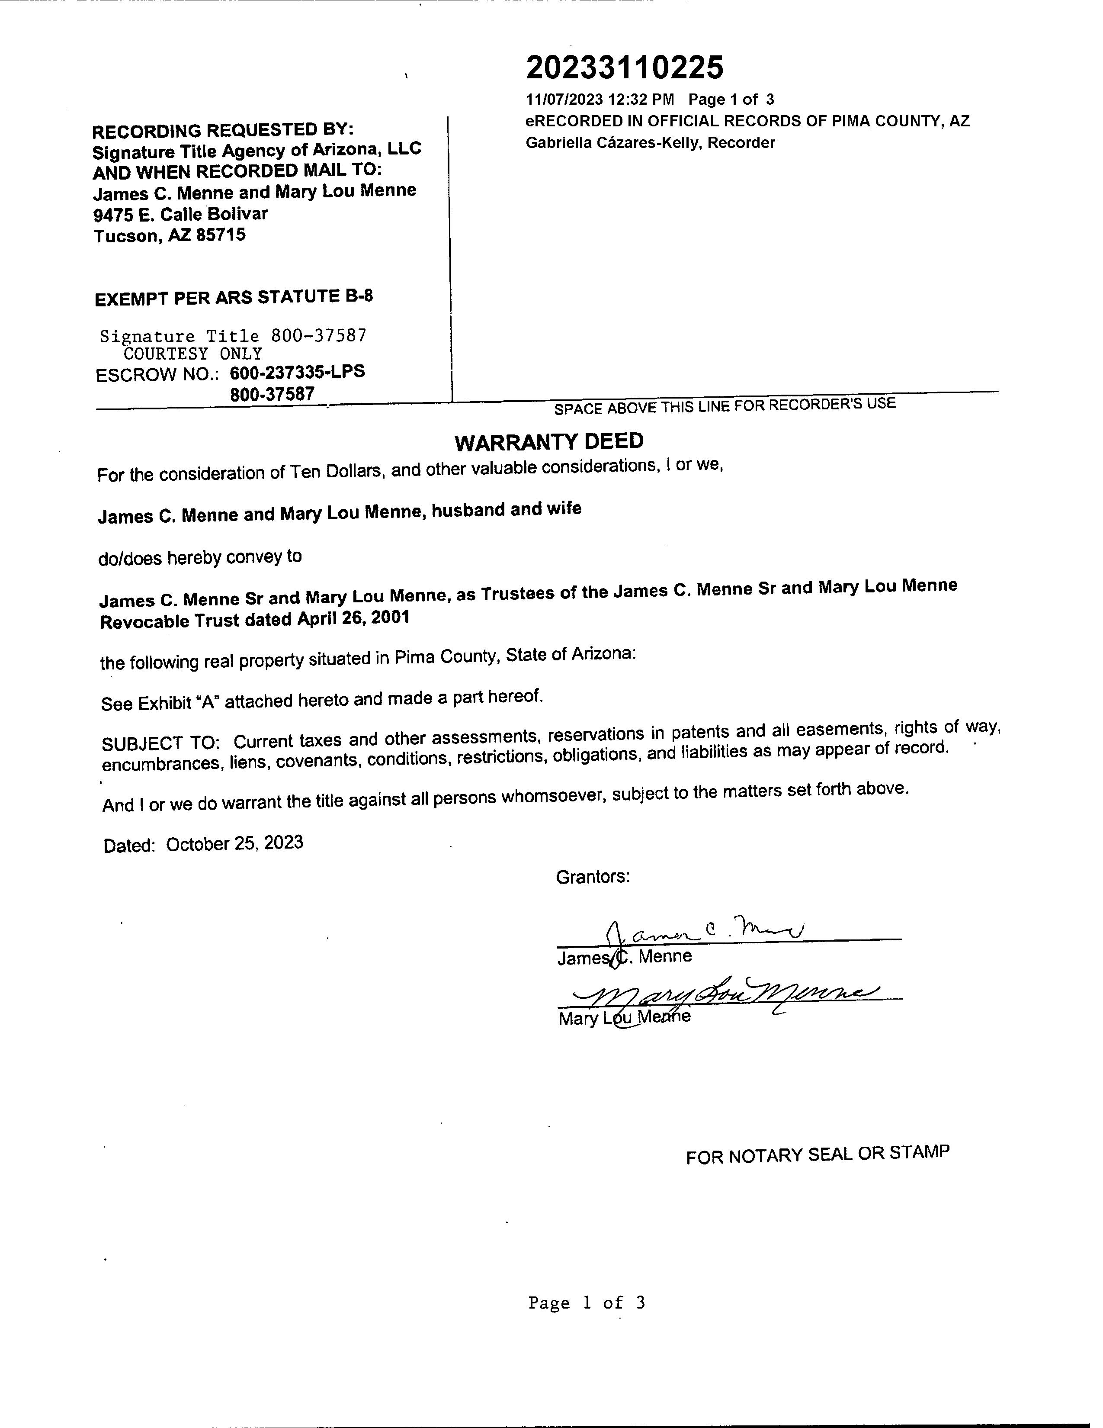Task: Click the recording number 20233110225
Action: coord(624,68)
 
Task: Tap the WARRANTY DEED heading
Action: coord(549,442)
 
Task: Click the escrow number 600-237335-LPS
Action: coord(297,373)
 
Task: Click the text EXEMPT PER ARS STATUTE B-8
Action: coord(234,298)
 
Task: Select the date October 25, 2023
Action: coord(234,843)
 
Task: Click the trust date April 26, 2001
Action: coord(353,618)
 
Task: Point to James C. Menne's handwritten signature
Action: coord(706,930)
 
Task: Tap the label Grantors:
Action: coord(593,877)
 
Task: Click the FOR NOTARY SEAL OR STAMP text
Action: coord(818,1155)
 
